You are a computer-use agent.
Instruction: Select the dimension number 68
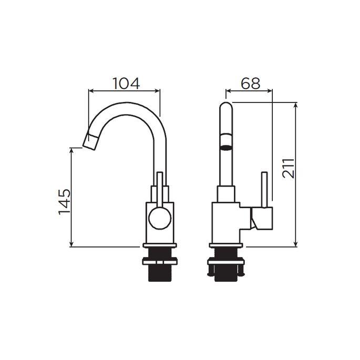(251, 83)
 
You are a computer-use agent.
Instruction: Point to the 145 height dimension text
(65, 201)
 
